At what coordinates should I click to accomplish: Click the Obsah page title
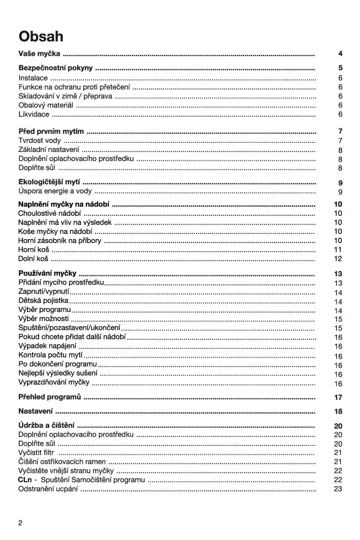pos(41,36)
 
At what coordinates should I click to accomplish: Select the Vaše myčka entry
pos(39,54)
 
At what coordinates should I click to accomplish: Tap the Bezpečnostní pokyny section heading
pos(55,68)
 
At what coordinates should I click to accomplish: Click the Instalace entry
pos(33,78)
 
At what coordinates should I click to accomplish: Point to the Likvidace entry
pos(34,115)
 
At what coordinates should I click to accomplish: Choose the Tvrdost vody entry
pos(40,141)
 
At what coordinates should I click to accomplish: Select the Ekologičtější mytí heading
pos(49,182)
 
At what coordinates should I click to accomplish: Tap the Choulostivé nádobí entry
pos(49,213)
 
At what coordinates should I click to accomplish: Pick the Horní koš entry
pos(34,250)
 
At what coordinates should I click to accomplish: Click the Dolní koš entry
pos(33,259)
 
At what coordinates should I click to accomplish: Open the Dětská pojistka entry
pos(43,301)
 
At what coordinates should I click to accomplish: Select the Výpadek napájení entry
pos(47,346)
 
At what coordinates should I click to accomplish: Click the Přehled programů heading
pos(50,397)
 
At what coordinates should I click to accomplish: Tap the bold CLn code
pos(25,480)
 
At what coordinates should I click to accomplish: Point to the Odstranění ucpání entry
pos(48,489)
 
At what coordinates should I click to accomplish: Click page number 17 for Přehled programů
pos(338,398)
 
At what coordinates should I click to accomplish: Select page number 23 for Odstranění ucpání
pos(338,489)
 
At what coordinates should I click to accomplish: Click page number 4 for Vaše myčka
pos(340,54)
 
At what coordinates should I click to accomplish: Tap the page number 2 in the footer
pos(20,523)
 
